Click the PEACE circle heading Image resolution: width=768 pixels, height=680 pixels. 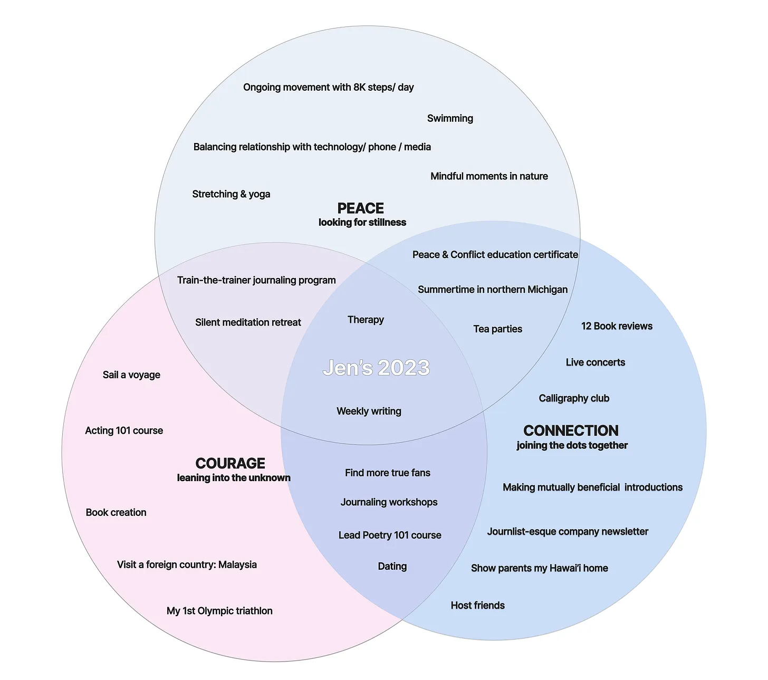coord(360,208)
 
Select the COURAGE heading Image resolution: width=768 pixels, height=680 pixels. coord(230,463)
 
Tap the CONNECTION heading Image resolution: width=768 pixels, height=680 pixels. coord(571,430)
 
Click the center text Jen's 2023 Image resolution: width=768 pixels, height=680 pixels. coord(376,368)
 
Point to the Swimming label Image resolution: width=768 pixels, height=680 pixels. coord(450,118)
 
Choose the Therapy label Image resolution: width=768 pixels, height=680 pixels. coord(366,320)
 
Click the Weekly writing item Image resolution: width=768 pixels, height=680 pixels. coord(369,411)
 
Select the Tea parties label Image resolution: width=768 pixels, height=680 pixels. coord(497,329)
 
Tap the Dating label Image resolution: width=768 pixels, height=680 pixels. coord(392,566)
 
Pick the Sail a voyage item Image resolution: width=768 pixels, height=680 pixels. coord(131,375)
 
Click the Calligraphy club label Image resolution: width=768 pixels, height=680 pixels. coord(574,398)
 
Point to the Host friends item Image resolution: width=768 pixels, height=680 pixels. coord(477,605)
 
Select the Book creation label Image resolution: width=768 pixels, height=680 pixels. coord(116,512)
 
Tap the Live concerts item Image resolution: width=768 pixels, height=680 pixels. coord(595,362)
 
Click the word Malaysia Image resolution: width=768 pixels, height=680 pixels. coord(237,564)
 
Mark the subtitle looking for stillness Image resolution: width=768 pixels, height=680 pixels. coord(362,223)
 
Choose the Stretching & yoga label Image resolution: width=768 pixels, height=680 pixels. coord(231,194)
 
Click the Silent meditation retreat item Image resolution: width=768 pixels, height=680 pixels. coord(248,322)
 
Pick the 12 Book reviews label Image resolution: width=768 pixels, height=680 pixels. coord(617,326)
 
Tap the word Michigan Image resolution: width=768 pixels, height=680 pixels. coord(546,290)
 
